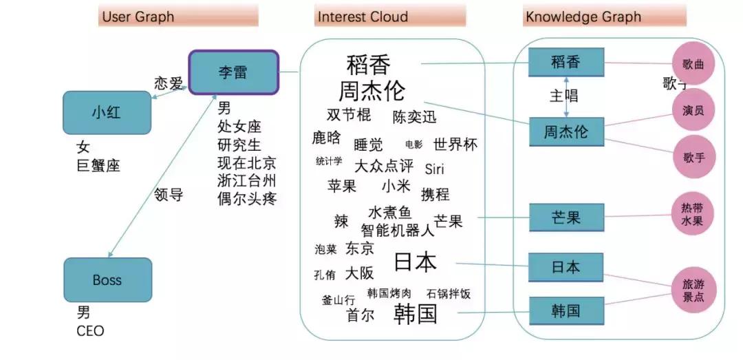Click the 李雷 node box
point(233,72)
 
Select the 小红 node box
point(107,112)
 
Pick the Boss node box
point(107,279)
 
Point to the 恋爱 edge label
point(169,83)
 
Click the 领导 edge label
point(168,195)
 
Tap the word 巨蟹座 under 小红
point(98,165)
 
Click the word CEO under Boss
point(91,331)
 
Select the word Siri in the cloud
point(435,169)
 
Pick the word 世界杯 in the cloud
point(455,145)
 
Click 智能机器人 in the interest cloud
point(398,230)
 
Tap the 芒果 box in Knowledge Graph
point(566,218)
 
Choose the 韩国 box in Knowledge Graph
point(566,311)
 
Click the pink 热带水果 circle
point(693,214)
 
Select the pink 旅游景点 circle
point(693,290)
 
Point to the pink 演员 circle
point(693,110)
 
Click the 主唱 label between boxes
point(564,96)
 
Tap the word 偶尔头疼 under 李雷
point(246,199)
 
